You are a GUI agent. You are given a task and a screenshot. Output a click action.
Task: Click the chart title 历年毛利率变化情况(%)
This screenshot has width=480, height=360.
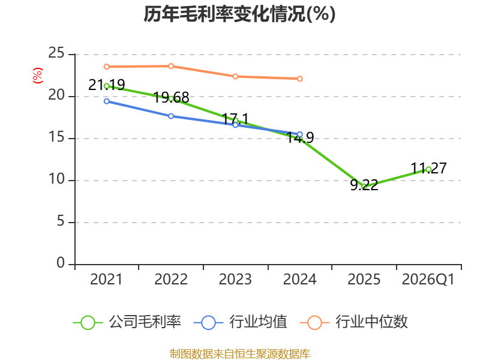point(239,14)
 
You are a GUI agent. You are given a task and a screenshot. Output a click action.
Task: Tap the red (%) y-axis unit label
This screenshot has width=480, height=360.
point(38,76)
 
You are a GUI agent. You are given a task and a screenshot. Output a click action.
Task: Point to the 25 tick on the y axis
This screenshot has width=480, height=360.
point(56,53)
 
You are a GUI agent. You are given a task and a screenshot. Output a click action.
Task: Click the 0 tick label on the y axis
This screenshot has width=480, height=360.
point(61,263)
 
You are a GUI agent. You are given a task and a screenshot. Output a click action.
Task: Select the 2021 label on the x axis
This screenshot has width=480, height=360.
point(106,280)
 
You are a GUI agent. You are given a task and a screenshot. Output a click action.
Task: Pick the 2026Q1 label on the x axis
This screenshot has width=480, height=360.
point(428,280)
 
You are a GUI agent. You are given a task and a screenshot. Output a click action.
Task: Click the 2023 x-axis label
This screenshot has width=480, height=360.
point(235,280)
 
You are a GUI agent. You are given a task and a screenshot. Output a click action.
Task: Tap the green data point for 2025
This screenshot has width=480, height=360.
point(364,187)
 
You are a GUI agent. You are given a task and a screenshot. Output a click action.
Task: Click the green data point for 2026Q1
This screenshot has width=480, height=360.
point(428,169)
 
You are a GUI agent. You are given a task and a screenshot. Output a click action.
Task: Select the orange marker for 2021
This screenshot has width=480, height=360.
point(107,67)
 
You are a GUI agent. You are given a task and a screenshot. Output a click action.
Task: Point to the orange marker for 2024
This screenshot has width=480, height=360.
point(299,79)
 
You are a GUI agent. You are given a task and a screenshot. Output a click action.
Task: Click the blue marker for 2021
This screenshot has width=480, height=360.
point(107,101)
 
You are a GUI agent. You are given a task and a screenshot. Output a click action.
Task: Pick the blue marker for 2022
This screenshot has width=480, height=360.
point(171,116)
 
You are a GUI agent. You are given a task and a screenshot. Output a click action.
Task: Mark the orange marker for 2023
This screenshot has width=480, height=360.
point(235,76)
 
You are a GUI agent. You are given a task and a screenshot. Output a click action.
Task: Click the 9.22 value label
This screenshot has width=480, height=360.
point(364,185)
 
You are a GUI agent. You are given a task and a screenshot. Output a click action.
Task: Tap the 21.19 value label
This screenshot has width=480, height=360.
point(107,85)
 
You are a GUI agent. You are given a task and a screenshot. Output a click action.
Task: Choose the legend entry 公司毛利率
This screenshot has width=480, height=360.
point(127,322)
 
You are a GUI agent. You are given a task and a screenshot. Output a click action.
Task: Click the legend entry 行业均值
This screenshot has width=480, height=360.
point(241,322)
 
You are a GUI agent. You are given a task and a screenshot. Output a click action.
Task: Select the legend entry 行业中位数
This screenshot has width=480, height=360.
point(354,322)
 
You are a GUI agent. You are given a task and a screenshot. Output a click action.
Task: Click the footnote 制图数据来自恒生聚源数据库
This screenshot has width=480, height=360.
point(239,354)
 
